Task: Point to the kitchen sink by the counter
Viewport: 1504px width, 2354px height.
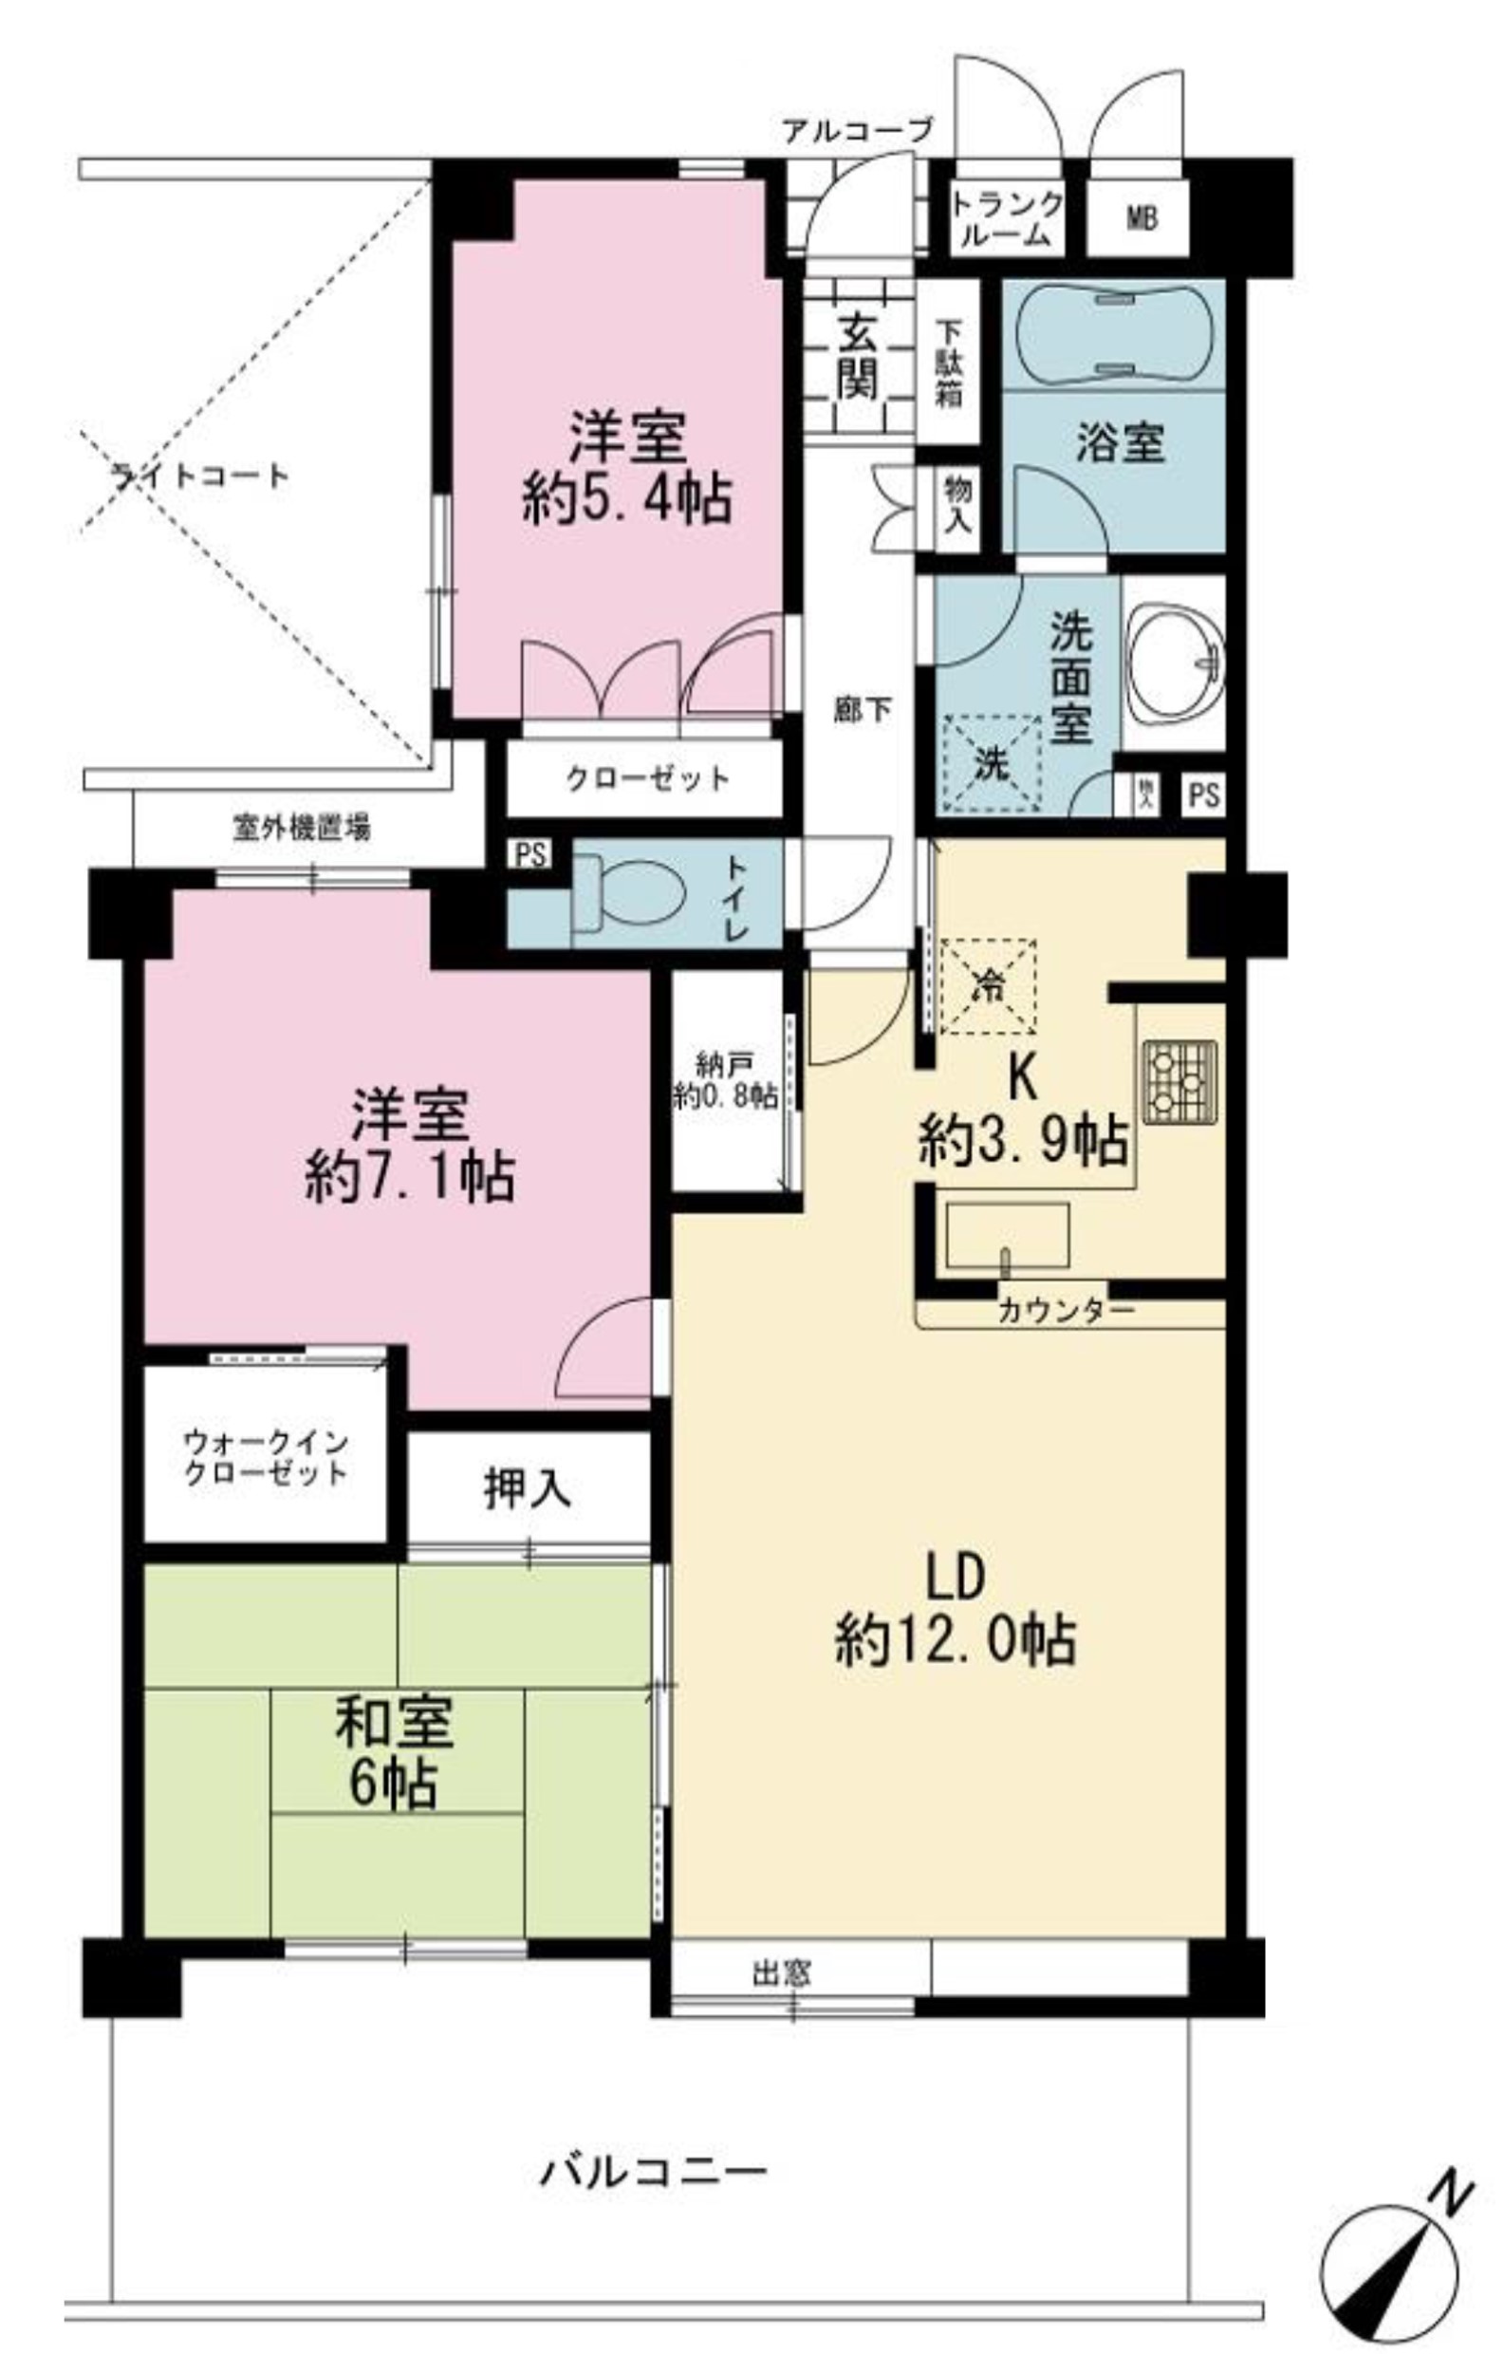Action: pyautogui.click(x=1007, y=1237)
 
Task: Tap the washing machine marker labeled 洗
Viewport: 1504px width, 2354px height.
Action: pyautogui.click(x=991, y=764)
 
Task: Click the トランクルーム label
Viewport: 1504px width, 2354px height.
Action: pyautogui.click(x=1007, y=219)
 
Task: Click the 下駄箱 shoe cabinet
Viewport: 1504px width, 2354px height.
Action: pyautogui.click(x=948, y=363)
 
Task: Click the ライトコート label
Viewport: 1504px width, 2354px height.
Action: pyautogui.click(x=200, y=477)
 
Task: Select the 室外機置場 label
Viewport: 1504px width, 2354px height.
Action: pyautogui.click(x=301, y=829)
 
